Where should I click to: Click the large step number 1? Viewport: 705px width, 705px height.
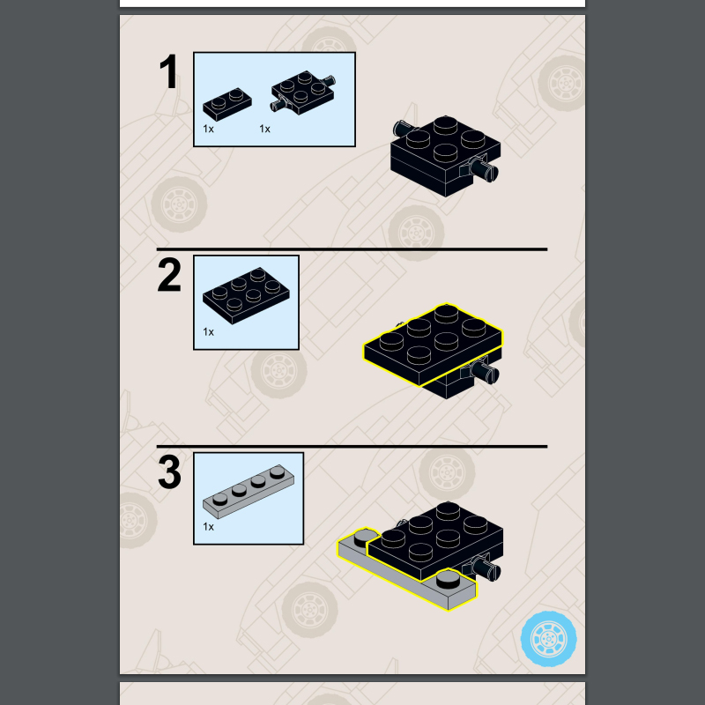click(x=168, y=71)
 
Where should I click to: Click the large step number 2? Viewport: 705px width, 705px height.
click(x=169, y=275)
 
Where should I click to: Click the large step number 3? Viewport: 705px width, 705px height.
click(x=169, y=472)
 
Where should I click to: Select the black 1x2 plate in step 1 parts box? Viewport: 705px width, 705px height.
click(x=227, y=104)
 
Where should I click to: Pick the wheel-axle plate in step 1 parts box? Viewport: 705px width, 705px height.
click(x=303, y=93)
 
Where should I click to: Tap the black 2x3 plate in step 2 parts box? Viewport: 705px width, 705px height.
click(x=246, y=295)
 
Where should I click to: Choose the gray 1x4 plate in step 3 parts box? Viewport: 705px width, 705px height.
click(x=249, y=492)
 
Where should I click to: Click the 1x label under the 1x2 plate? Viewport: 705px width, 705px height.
click(x=208, y=129)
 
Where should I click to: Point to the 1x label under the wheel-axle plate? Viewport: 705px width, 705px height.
click(x=264, y=129)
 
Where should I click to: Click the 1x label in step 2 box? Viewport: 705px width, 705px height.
click(x=208, y=332)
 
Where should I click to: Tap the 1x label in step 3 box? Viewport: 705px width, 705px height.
click(x=208, y=526)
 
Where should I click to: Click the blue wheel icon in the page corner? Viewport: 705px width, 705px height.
click(x=548, y=638)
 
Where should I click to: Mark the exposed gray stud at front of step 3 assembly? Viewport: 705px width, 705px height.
click(x=449, y=578)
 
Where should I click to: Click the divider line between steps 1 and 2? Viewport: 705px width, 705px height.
click(x=352, y=249)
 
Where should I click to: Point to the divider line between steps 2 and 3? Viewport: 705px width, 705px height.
click(x=352, y=447)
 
